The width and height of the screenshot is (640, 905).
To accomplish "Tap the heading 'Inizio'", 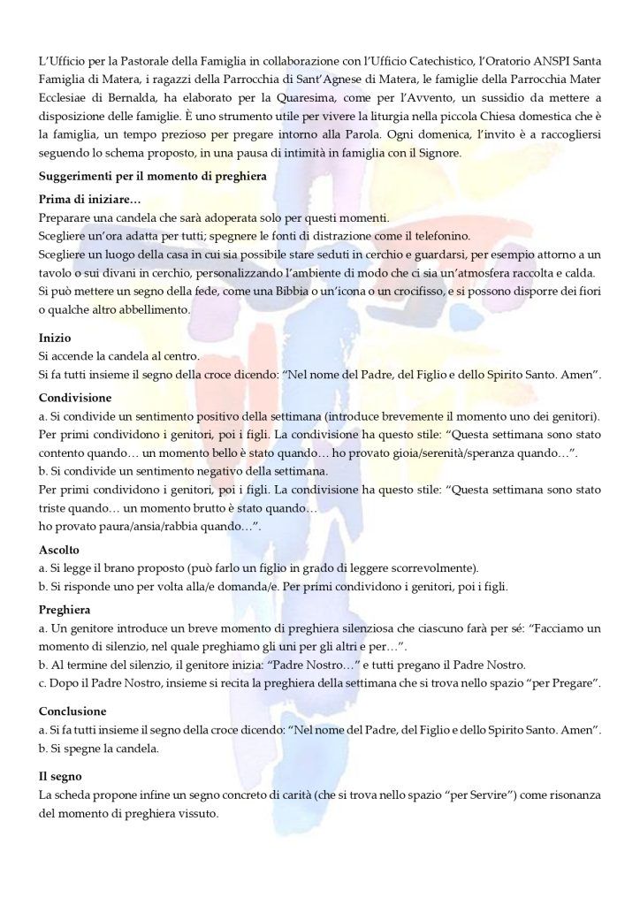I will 55,338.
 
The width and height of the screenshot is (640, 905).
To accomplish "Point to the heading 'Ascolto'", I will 59,550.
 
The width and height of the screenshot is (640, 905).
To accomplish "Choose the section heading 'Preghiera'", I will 65,609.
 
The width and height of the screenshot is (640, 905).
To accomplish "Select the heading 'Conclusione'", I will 72,711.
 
